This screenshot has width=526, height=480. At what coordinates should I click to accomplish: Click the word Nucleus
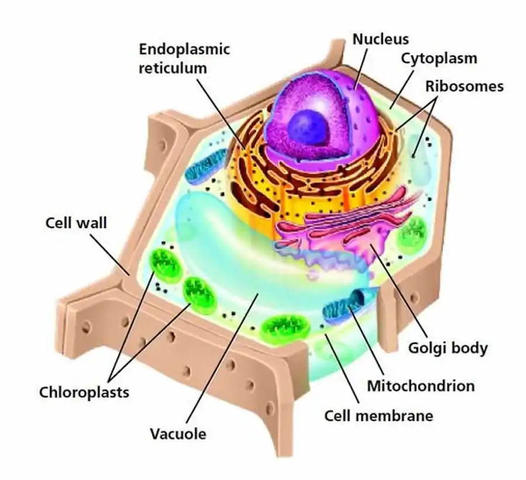[380, 39]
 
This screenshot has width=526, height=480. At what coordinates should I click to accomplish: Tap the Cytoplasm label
[439, 58]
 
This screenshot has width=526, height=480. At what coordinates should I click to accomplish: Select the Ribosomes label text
[464, 87]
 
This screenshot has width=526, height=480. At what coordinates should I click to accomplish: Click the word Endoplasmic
[184, 49]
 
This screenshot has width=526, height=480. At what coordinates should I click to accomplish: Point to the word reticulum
[172, 68]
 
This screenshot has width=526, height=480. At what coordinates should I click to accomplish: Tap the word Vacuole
[178, 434]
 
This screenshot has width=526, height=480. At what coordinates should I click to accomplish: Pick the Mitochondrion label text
[421, 386]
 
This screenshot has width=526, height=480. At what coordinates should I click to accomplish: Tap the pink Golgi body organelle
[339, 228]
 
